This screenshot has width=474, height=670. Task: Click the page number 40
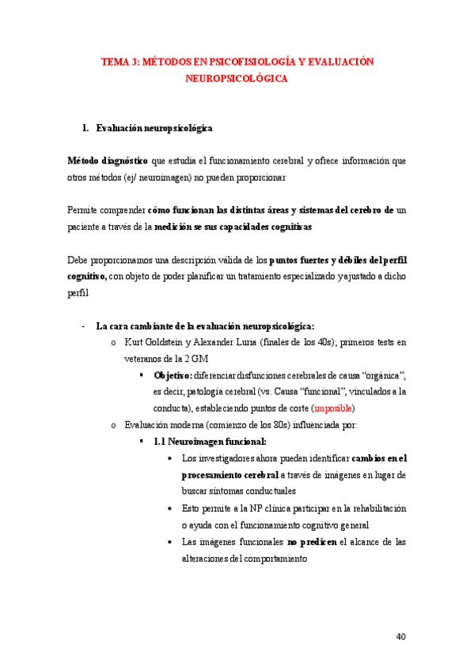(x=400, y=636)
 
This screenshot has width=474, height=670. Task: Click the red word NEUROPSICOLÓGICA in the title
(x=237, y=79)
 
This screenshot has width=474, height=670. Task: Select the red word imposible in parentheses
(x=334, y=408)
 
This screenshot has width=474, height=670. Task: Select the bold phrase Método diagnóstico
(x=107, y=160)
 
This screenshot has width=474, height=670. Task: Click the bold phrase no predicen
(x=311, y=542)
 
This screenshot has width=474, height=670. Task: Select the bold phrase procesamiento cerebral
(x=229, y=475)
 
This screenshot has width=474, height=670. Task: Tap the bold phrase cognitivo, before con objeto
(x=87, y=276)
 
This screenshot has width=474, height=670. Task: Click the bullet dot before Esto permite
(x=172, y=509)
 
